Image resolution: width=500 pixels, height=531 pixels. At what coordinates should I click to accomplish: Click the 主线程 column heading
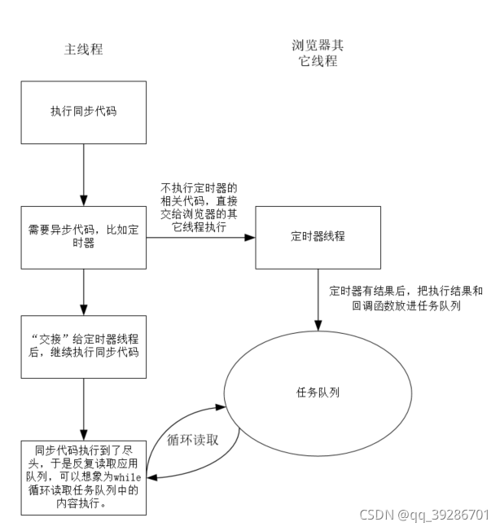(84, 50)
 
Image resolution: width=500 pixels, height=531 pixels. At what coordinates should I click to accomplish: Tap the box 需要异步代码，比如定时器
(84, 236)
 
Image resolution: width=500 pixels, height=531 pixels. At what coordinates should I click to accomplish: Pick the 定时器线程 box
(317, 238)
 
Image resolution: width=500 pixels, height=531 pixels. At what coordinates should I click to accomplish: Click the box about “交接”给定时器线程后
(84, 347)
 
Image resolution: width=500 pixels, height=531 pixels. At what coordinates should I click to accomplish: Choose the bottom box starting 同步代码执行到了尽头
(84, 476)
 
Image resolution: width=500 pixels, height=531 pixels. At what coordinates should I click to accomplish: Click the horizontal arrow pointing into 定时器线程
(200, 238)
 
